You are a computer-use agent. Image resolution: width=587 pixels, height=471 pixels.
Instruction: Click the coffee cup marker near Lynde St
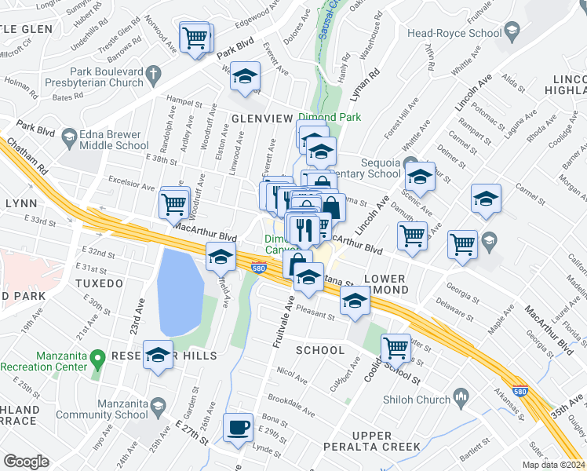click(x=238, y=428)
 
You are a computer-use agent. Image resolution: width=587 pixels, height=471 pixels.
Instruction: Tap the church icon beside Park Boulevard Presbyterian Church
click(x=155, y=75)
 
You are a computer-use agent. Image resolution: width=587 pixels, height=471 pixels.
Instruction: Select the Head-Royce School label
click(x=454, y=33)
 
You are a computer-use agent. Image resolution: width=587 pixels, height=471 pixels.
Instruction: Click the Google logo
click(x=26, y=462)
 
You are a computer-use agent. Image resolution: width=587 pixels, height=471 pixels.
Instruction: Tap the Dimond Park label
click(x=329, y=118)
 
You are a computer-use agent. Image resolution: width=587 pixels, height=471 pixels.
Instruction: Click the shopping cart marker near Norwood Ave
click(x=195, y=37)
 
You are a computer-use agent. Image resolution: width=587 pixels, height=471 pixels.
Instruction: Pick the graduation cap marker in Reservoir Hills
click(x=159, y=356)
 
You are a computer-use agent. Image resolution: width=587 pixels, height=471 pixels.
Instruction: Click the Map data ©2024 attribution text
click(x=552, y=465)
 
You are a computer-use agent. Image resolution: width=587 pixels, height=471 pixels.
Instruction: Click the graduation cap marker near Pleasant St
click(x=355, y=301)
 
